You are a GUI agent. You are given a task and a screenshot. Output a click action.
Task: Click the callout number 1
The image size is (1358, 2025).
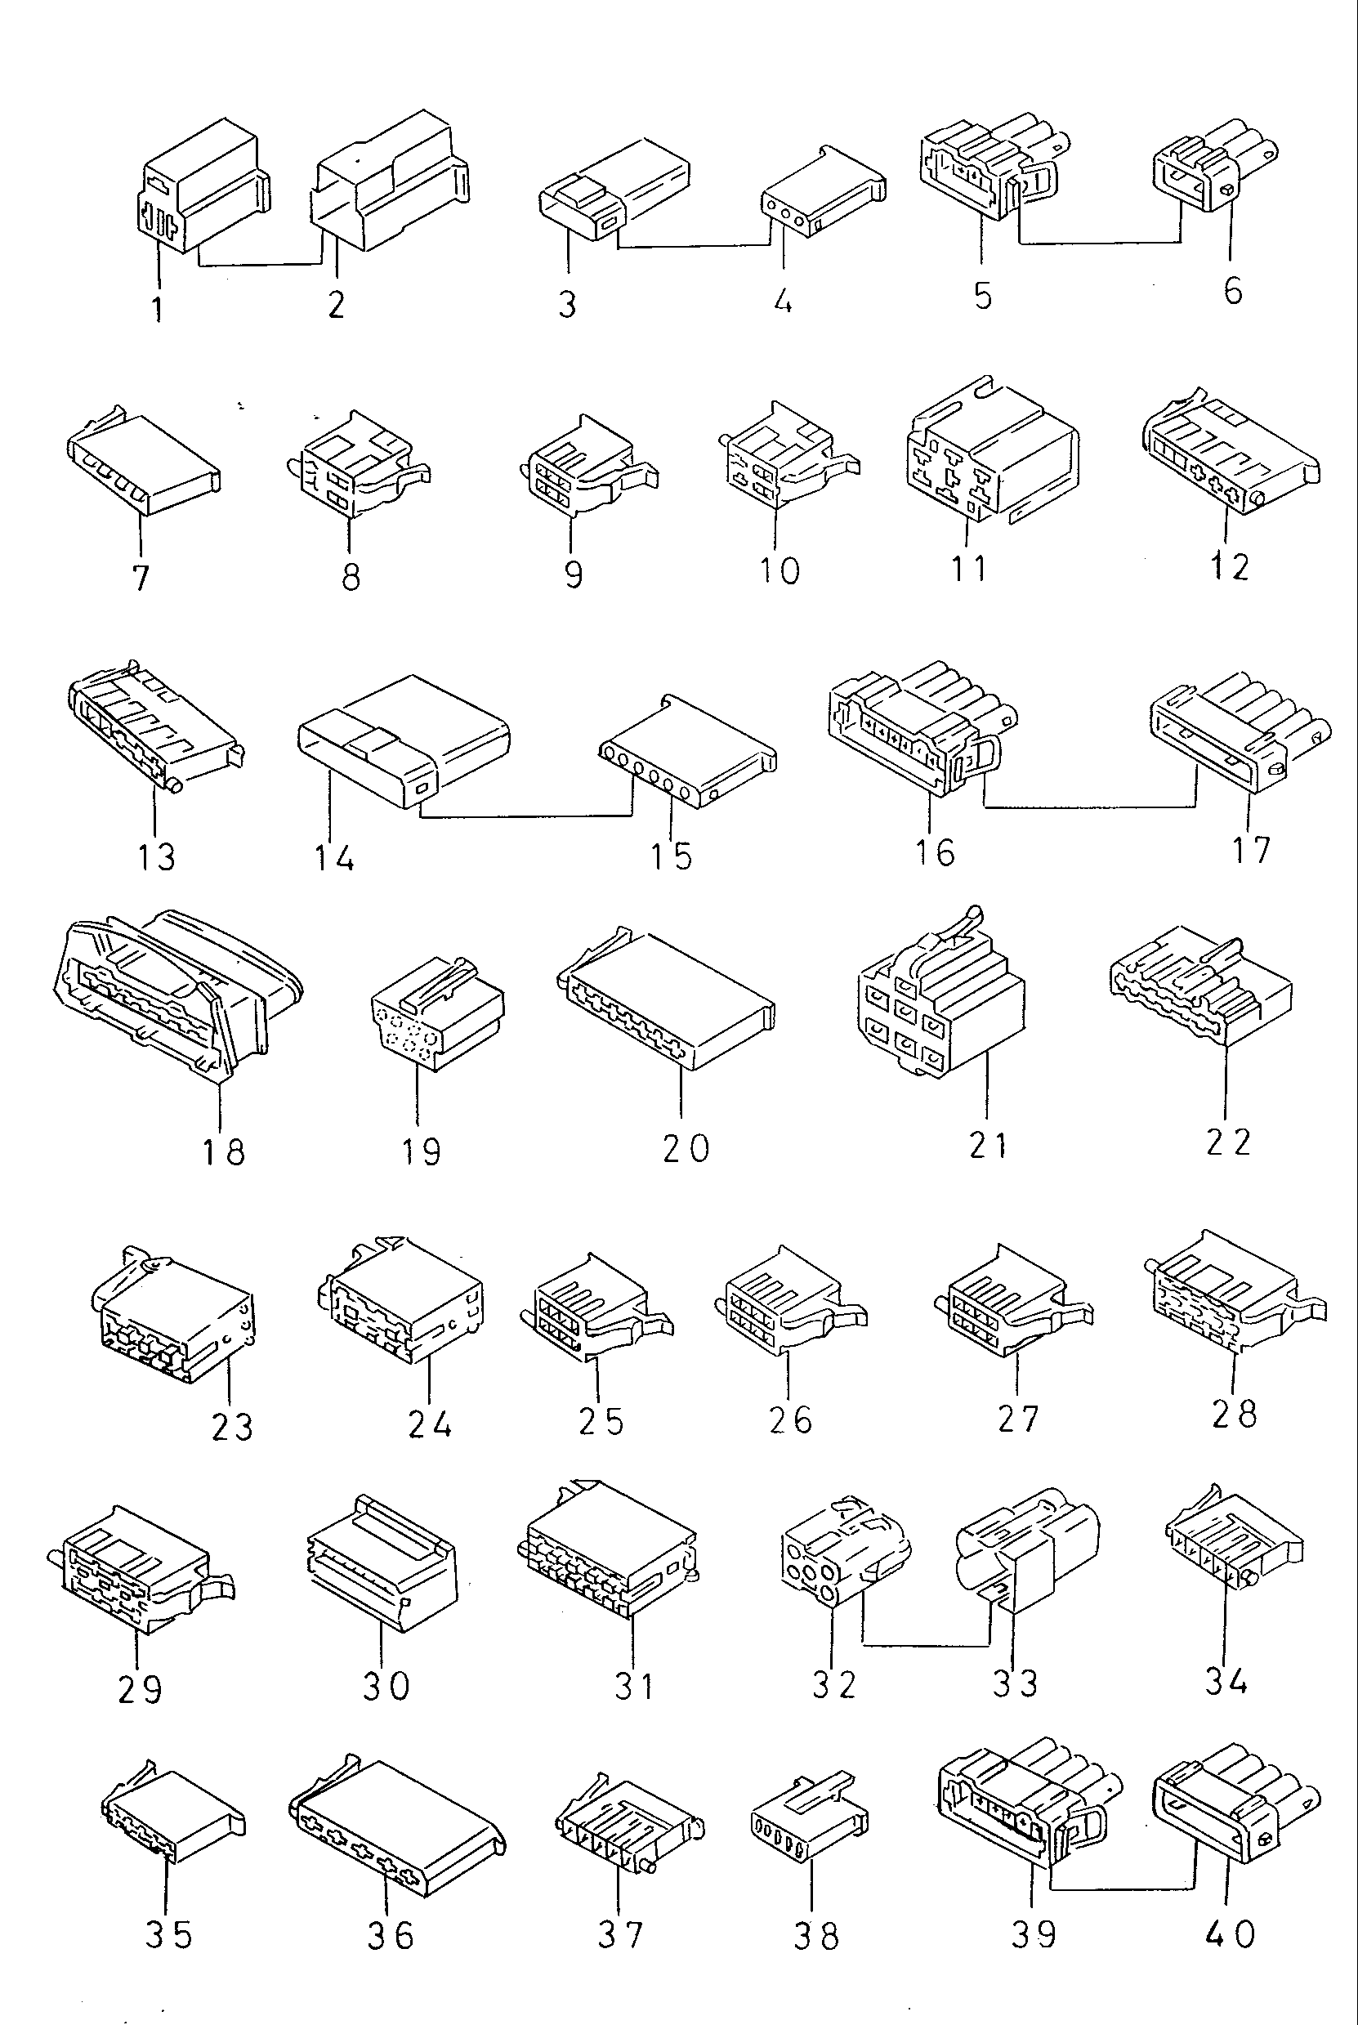[x=158, y=308]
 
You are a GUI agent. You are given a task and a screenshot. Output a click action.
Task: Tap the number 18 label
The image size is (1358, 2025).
[x=223, y=1153]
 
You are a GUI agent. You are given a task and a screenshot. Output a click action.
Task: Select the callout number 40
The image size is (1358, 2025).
[x=1230, y=1933]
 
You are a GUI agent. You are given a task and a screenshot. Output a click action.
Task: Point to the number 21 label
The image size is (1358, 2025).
[x=988, y=1145]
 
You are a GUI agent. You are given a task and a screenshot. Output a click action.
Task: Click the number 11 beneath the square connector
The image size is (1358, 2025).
[x=969, y=569]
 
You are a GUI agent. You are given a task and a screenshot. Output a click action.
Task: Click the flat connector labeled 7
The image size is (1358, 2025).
[x=144, y=467]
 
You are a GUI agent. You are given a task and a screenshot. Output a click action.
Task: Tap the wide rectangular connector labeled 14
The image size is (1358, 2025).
[x=402, y=740]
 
